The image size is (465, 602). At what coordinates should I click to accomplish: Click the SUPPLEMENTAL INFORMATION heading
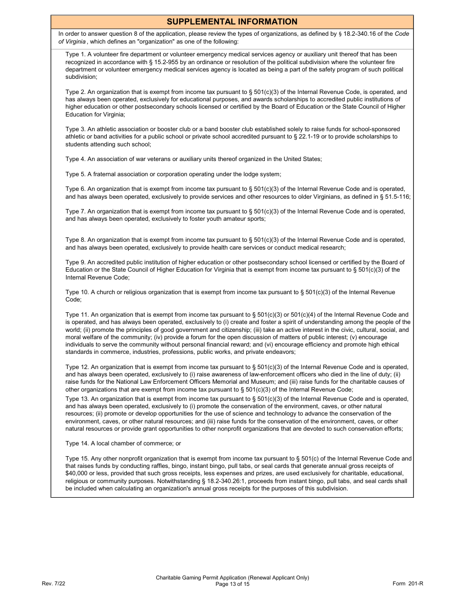(232, 22)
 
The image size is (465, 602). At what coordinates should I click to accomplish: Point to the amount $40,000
(76, 474)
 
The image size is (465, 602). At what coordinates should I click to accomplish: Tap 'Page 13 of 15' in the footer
(232, 583)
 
